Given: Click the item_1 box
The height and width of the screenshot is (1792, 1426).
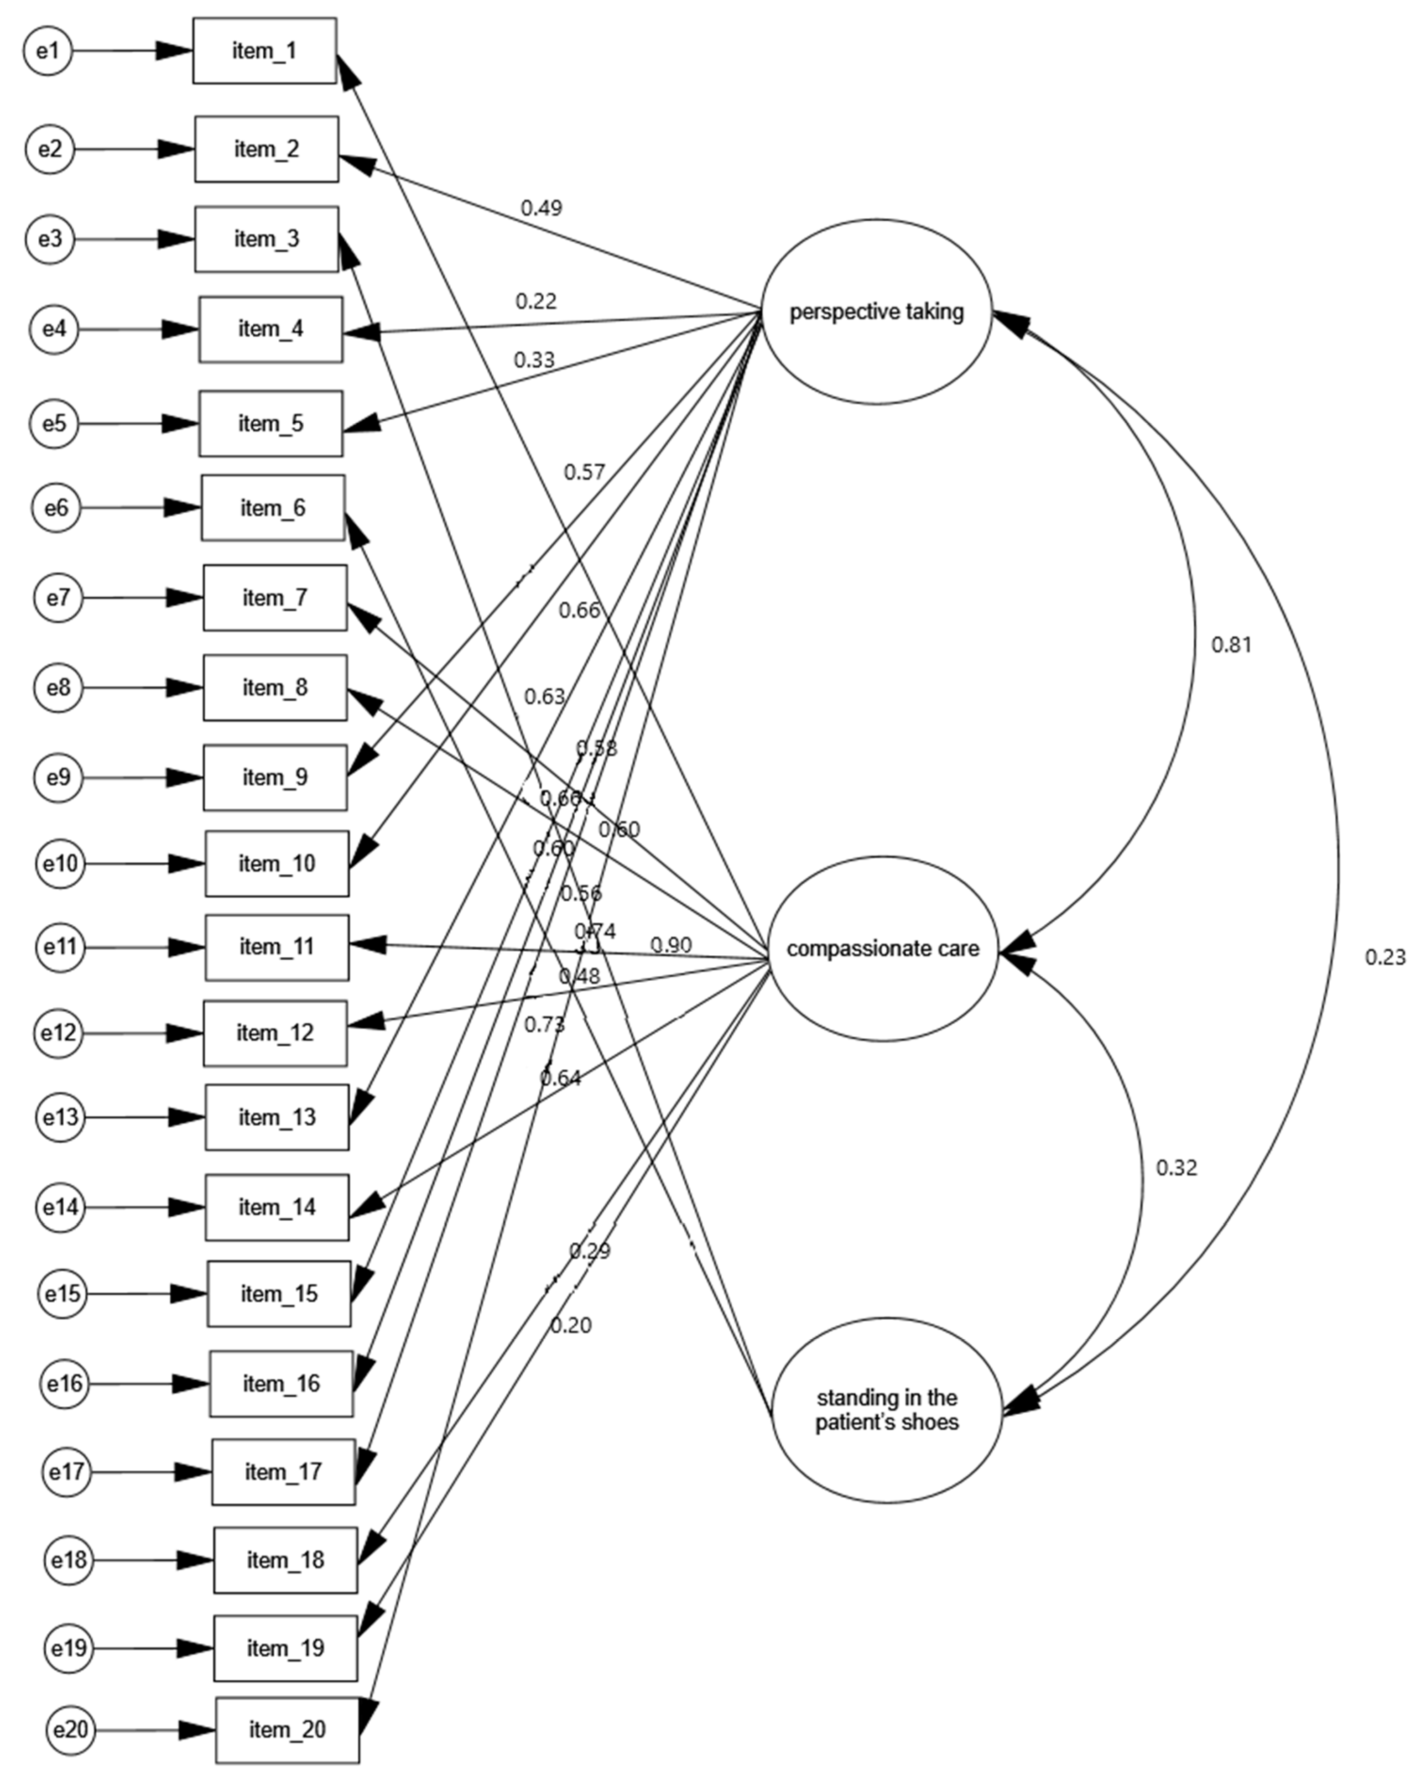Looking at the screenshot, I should [264, 51].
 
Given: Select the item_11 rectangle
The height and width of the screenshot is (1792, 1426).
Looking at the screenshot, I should [277, 947].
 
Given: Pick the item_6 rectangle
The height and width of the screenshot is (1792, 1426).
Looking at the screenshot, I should [273, 508].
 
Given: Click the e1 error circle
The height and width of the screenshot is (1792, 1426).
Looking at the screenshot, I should [48, 51].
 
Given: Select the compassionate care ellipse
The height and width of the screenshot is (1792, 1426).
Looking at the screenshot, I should [883, 948].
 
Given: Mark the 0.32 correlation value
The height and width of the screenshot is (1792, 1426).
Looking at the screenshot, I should [1176, 1168].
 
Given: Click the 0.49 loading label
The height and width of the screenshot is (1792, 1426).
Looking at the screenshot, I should [541, 208].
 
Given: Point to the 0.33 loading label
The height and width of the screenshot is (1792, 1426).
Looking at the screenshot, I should [534, 360].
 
